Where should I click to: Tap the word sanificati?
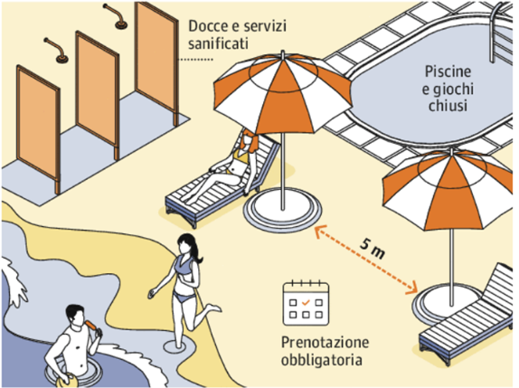point(218,43)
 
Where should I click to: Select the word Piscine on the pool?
point(448,71)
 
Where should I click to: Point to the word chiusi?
point(448,105)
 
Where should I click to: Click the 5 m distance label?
point(373,249)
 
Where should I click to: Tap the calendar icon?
point(306,303)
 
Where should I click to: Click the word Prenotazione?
point(325,342)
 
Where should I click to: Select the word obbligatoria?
point(321,360)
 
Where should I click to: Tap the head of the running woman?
point(187,244)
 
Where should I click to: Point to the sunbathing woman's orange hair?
point(250,139)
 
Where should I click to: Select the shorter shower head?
point(56,50)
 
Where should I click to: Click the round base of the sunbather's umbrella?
point(282,209)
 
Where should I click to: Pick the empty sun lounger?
point(467,322)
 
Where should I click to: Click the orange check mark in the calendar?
point(306,302)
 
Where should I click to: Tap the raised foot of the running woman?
point(213,308)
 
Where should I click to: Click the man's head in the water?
point(75,315)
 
